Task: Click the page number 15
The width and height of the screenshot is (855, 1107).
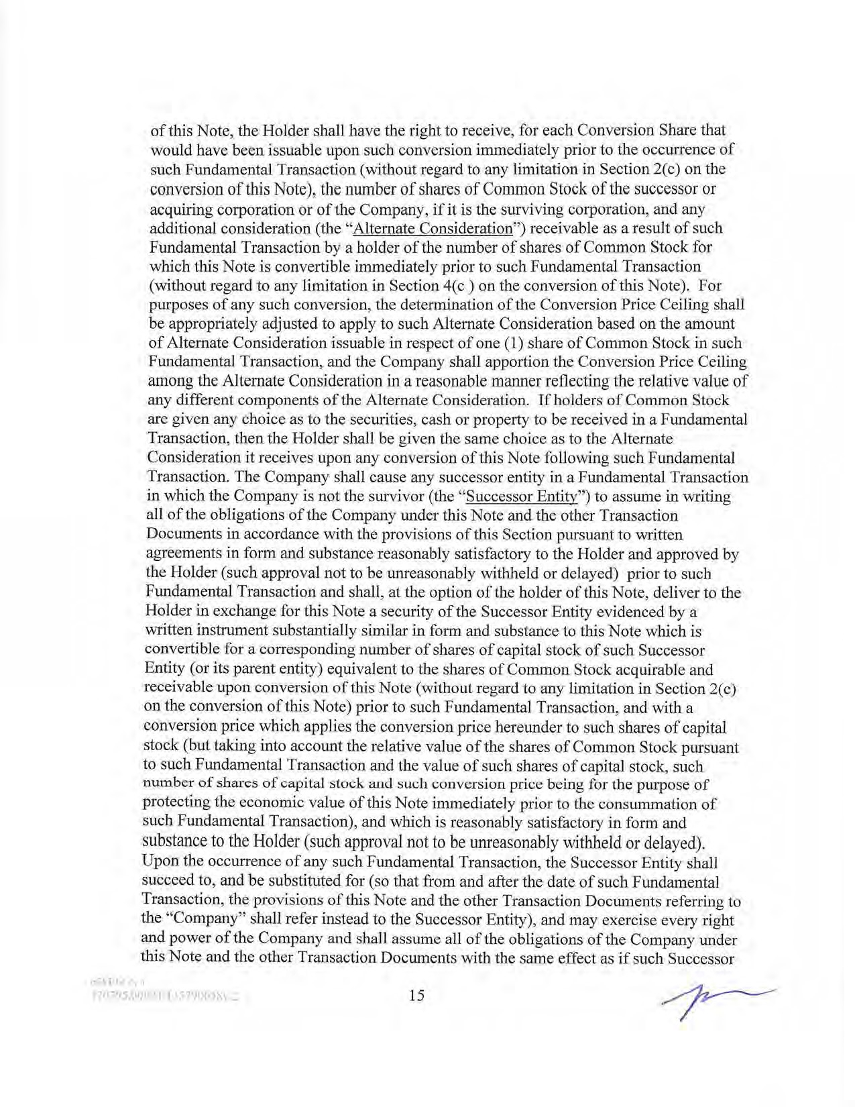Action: pos(416,995)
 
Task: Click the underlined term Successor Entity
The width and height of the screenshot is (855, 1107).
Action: pos(522,496)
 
